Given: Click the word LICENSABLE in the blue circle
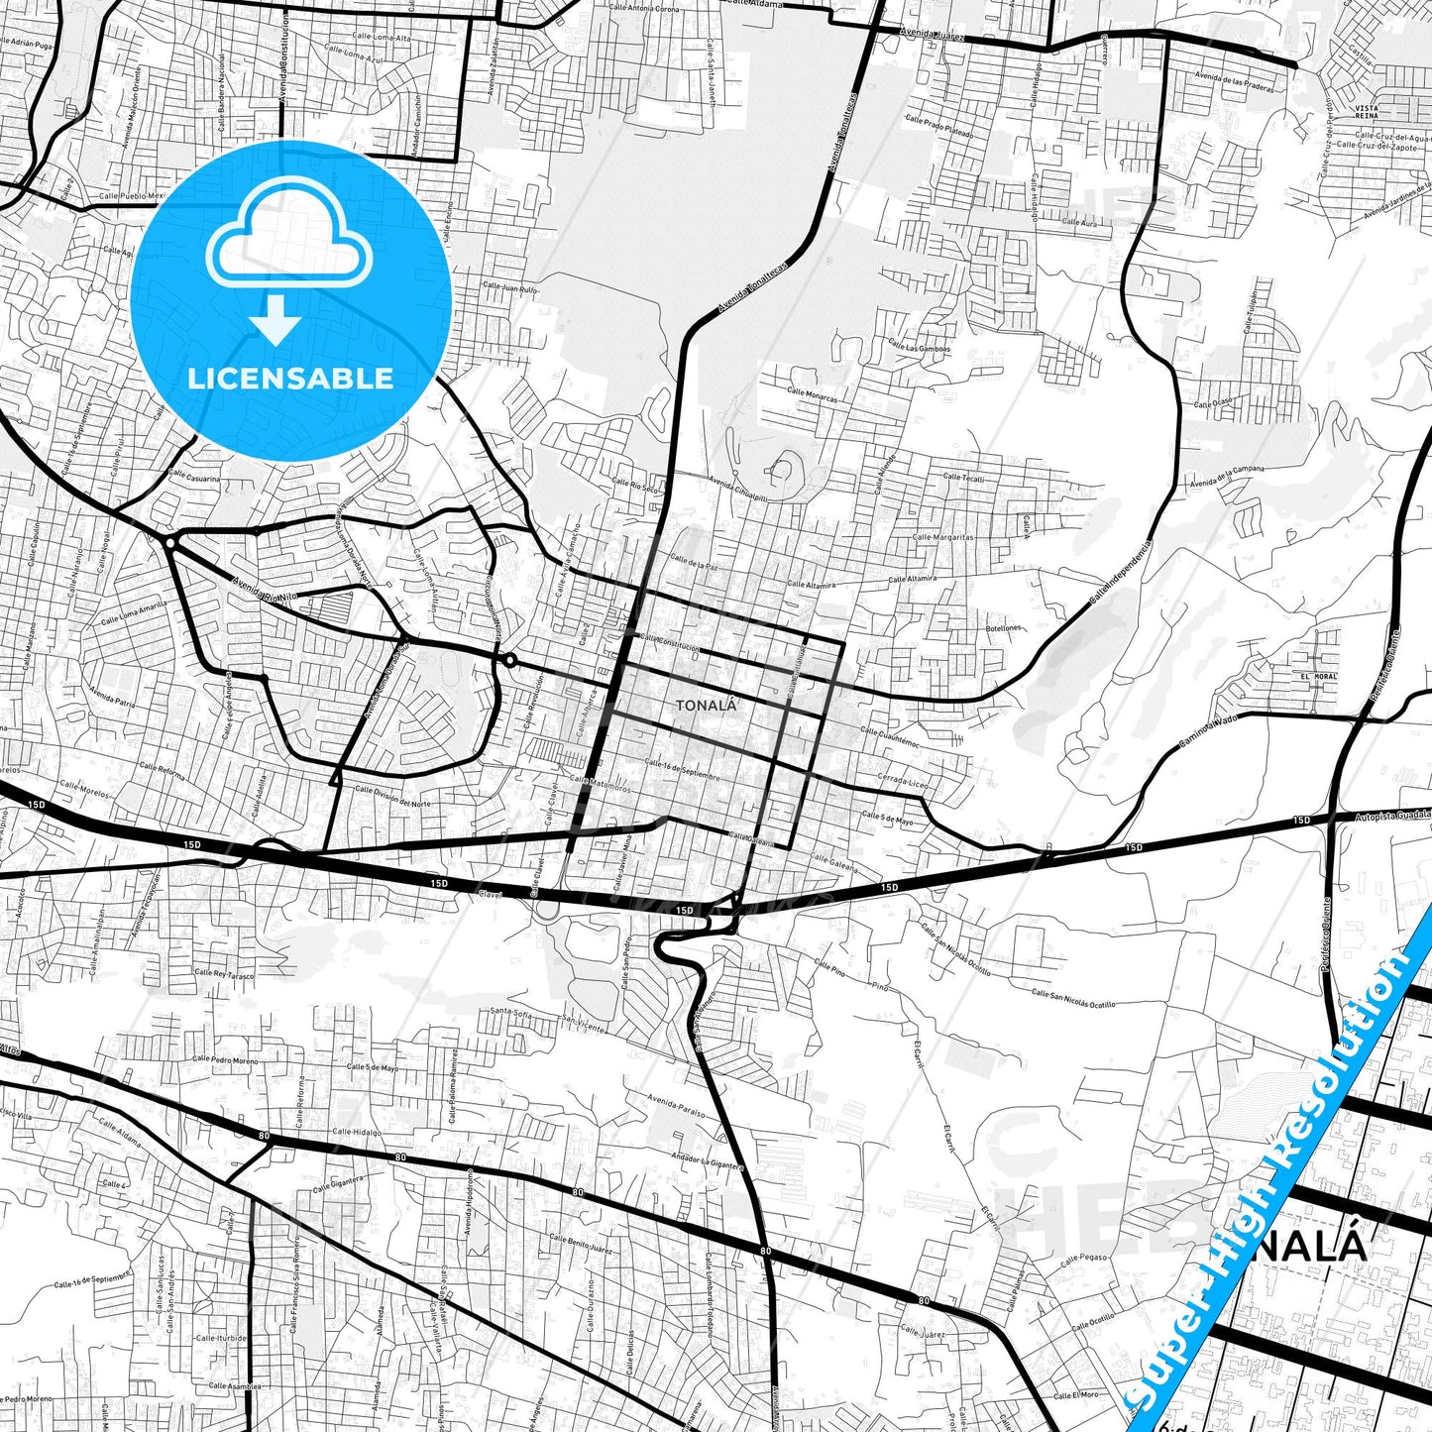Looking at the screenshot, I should click(x=290, y=378).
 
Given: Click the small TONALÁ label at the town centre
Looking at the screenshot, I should click(x=706, y=706).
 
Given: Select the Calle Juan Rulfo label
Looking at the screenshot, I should click(x=509, y=288).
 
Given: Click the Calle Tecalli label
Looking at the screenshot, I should click(x=963, y=478).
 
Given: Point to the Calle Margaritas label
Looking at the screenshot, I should click(x=942, y=537).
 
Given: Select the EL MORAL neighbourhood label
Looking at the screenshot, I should click(x=1319, y=676).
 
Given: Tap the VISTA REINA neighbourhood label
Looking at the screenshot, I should click(x=1367, y=111).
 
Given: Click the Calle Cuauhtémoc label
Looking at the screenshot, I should click(x=890, y=738).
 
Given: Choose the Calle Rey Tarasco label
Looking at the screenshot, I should click(x=224, y=974).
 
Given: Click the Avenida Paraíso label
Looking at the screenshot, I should click(x=677, y=1105).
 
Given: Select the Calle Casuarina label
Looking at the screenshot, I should click(x=194, y=476).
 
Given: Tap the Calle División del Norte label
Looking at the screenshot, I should click(x=392, y=796).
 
